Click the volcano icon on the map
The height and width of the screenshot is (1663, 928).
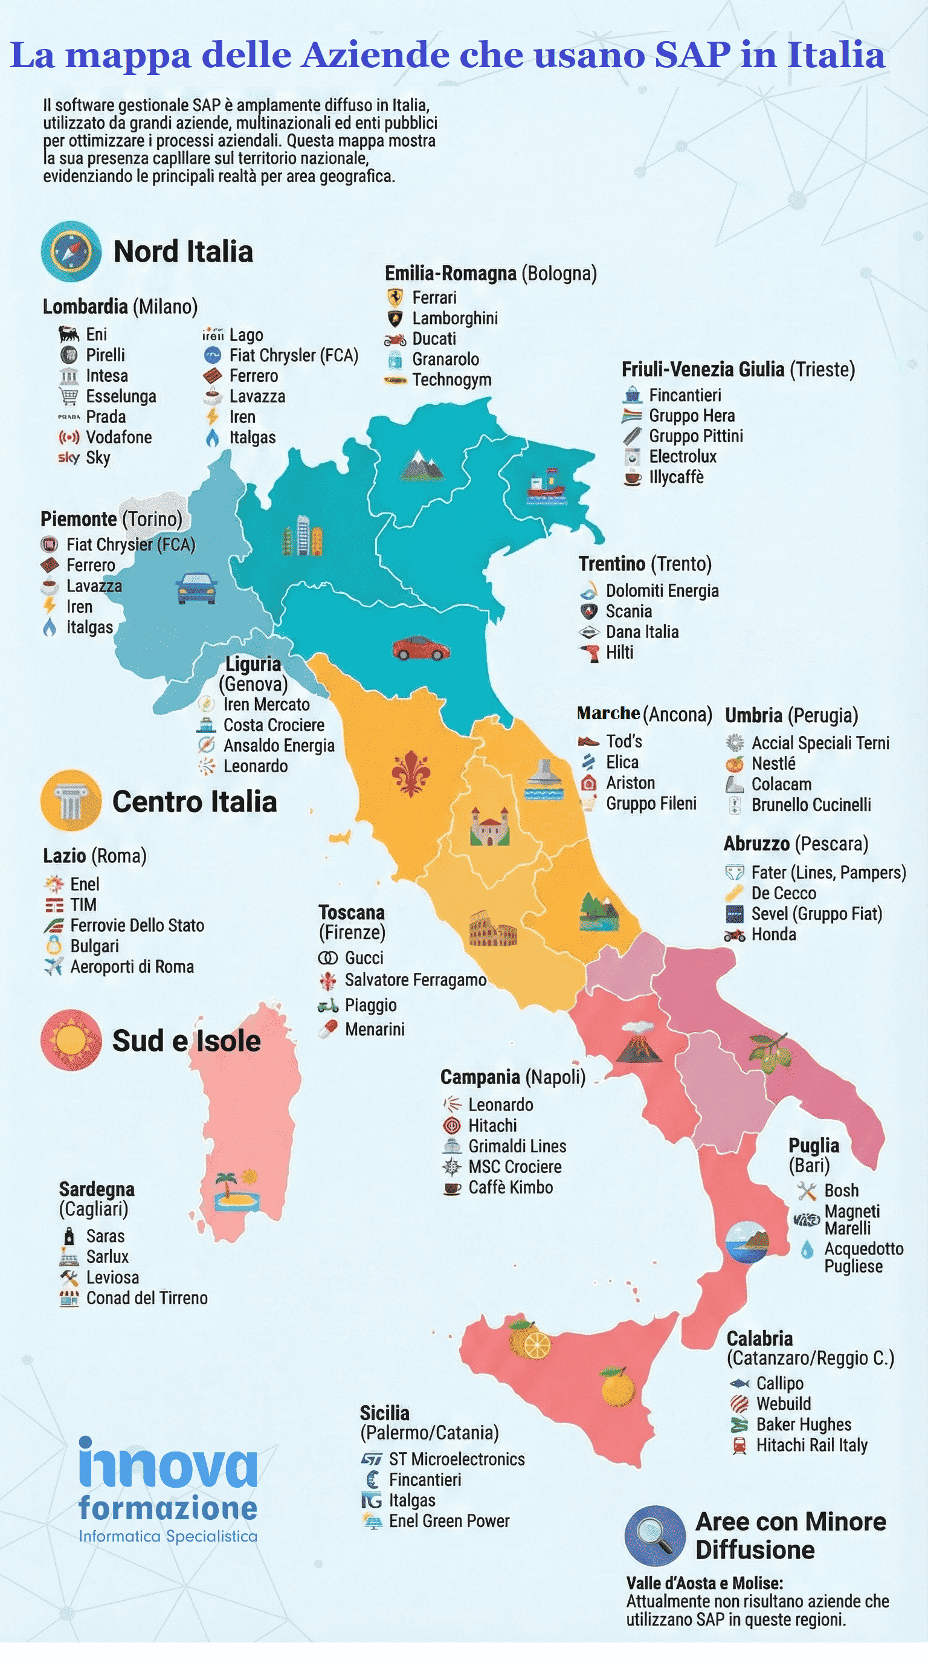638,1041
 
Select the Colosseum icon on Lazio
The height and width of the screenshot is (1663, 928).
492,929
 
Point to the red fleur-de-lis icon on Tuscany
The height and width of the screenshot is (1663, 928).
411,773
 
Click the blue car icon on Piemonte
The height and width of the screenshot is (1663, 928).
196,587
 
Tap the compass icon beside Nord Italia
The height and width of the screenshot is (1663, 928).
71,252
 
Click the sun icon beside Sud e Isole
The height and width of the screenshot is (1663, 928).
71,1040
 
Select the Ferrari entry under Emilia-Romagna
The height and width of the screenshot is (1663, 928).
434,297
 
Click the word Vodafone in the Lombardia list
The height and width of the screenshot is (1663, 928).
119,437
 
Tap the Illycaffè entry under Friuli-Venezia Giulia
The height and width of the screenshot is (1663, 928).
675,477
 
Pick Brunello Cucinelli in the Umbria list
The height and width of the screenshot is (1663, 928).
811,804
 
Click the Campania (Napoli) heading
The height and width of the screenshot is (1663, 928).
512,1077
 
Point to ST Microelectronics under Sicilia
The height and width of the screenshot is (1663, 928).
456,1459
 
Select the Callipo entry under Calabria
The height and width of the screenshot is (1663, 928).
779,1383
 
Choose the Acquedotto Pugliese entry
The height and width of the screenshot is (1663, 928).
863,1257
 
